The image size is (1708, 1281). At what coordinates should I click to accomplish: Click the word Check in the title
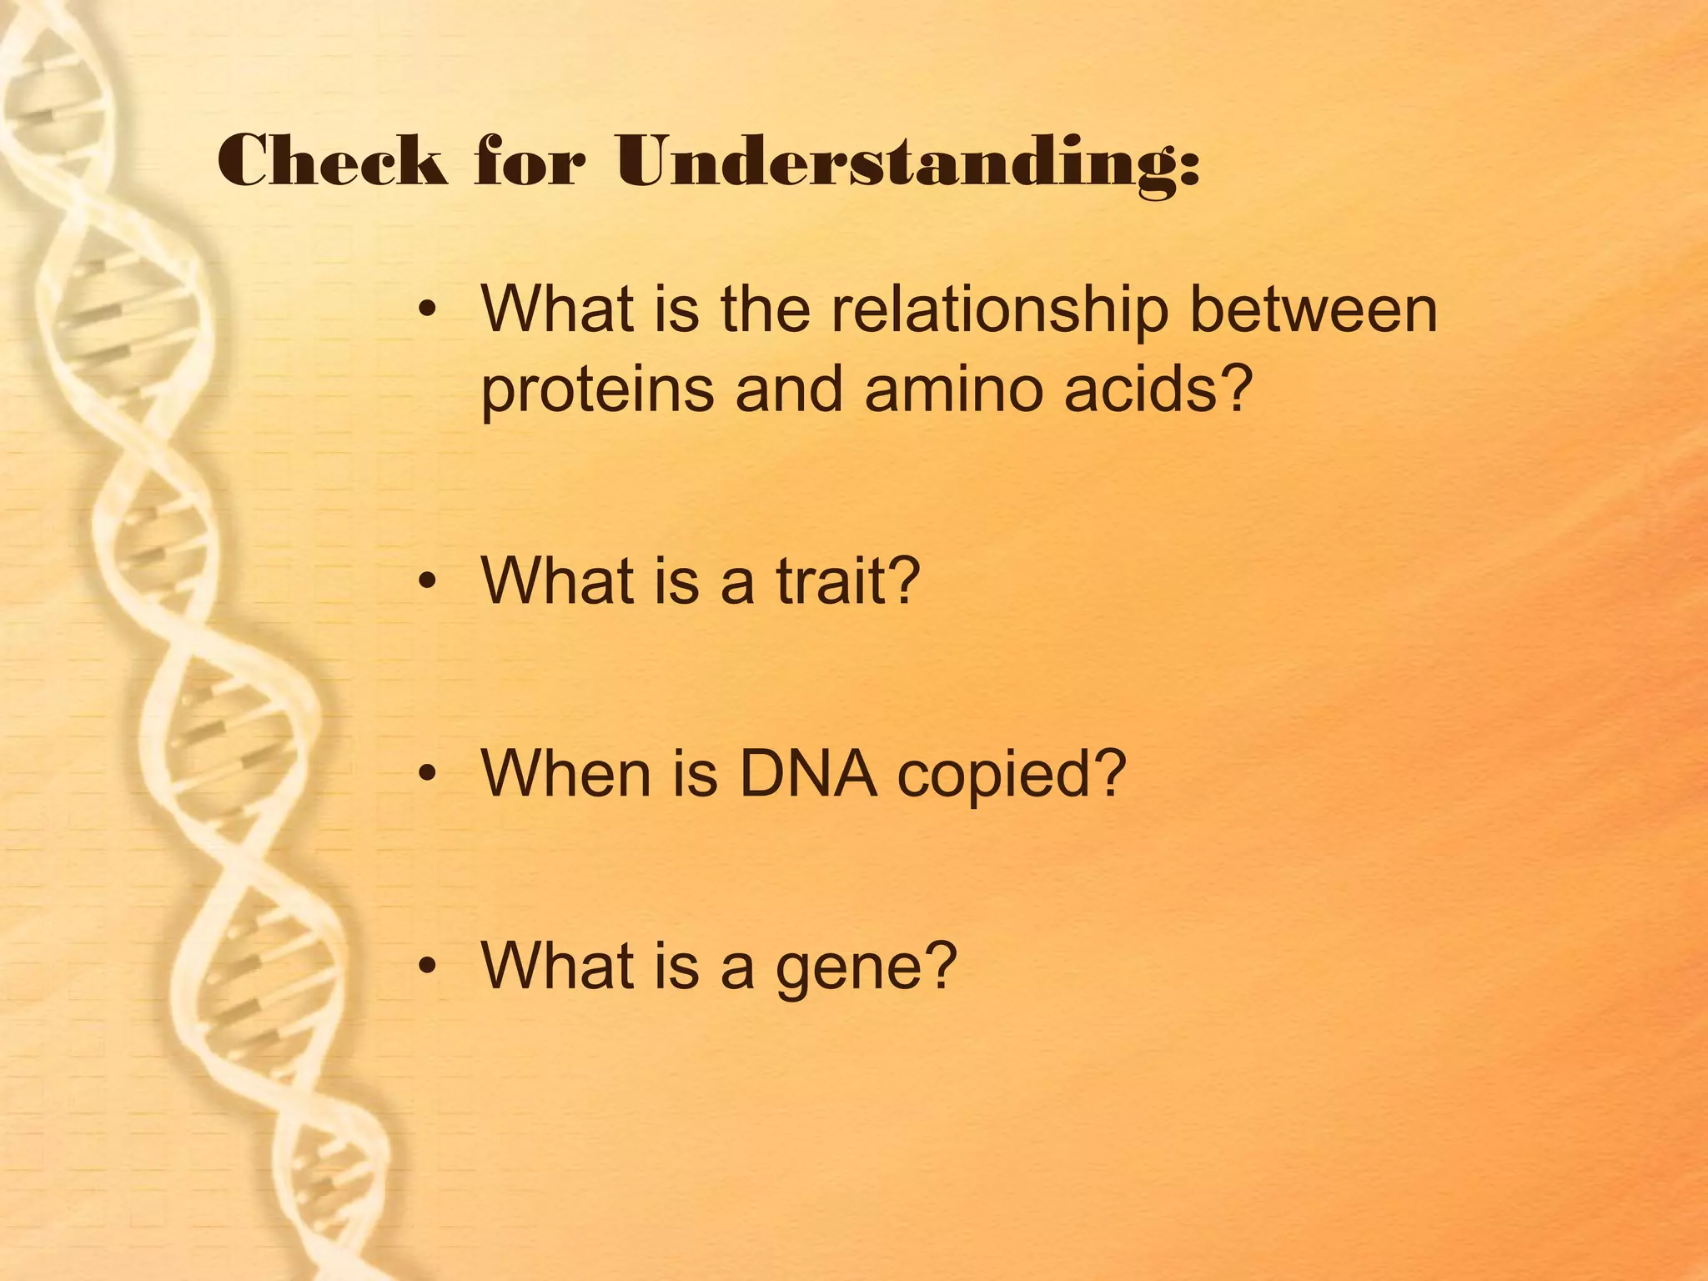pos(331,161)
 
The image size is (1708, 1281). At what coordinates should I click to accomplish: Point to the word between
pos(1314,309)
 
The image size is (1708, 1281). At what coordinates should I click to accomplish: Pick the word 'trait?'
pos(847,581)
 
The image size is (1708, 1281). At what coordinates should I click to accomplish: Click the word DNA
pos(808,774)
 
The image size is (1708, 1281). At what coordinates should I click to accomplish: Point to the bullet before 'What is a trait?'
pos(428,581)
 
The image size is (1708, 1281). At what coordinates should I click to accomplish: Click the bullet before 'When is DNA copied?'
pos(428,774)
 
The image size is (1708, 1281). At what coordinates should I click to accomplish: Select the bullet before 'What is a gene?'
pos(428,966)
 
